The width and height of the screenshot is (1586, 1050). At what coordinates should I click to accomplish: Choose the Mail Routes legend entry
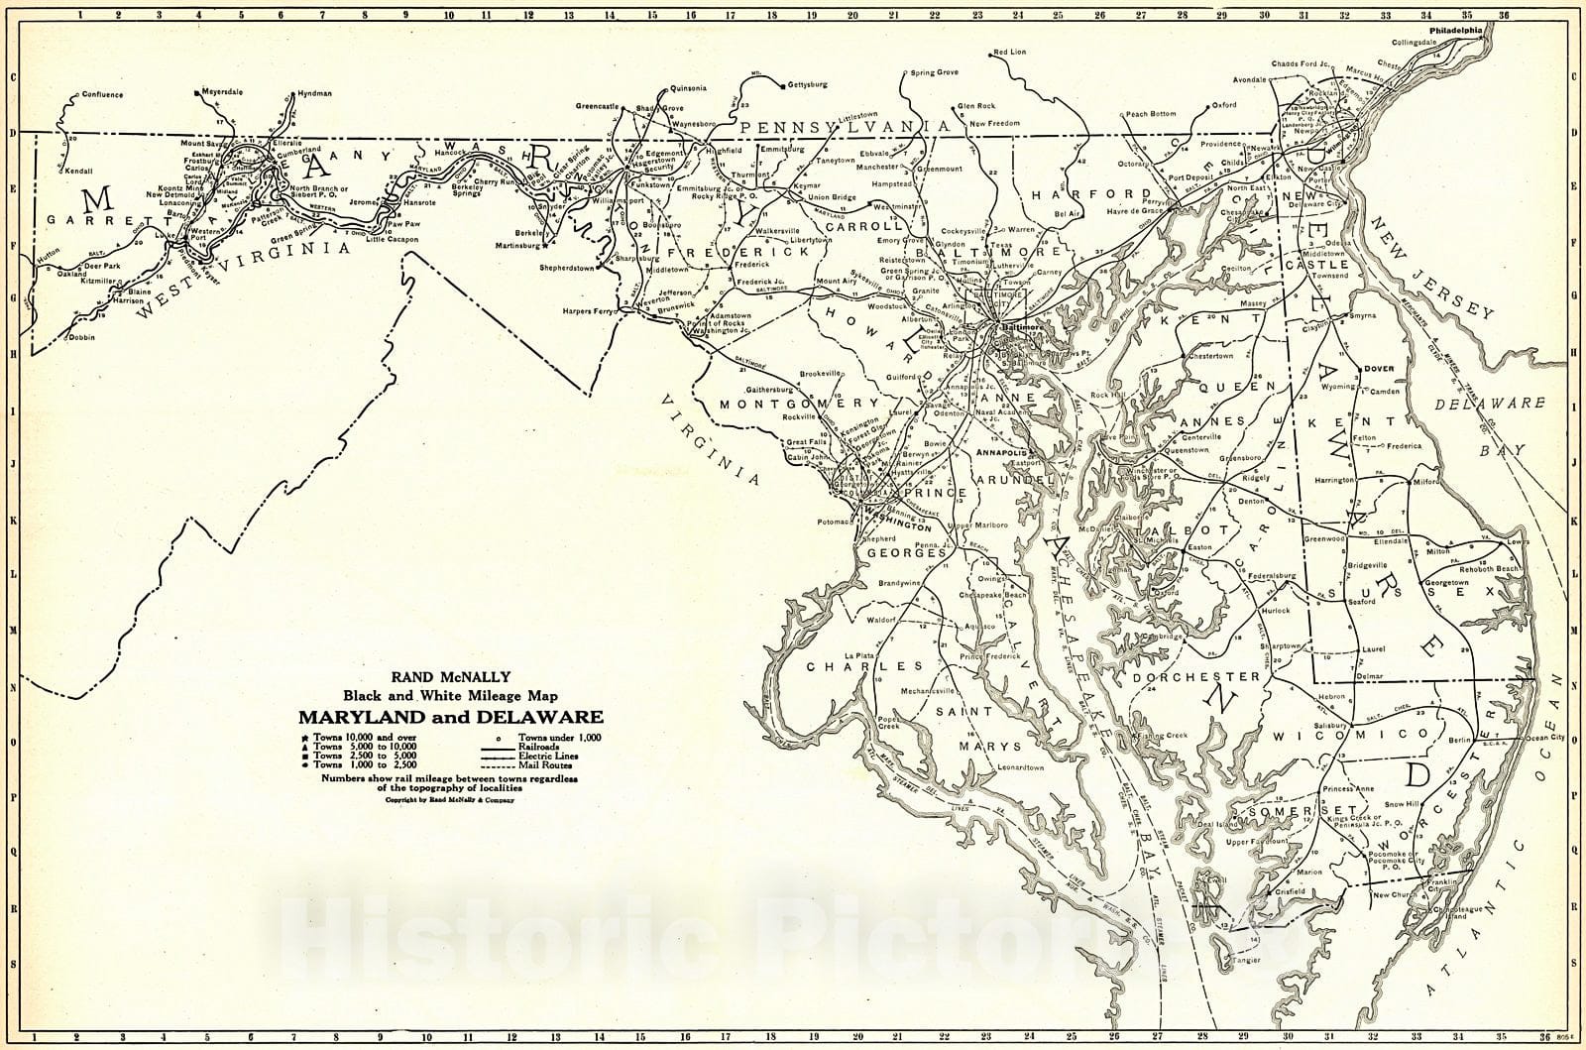pyautogui.click(x=540, y=764)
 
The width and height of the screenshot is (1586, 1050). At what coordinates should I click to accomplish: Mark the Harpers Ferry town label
pyautogui.click(x=590, y=312)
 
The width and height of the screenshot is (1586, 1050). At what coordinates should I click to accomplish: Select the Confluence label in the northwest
pyautogui.click(x=101, y=95)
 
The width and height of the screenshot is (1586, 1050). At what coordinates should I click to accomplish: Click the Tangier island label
pyautogui.click(x=1246, y=960)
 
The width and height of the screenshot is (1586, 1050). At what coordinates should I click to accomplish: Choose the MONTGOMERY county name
pyautogui.click(x=799, y=405)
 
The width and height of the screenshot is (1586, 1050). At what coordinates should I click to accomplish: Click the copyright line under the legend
pyautogui.click(x=449, y=799)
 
